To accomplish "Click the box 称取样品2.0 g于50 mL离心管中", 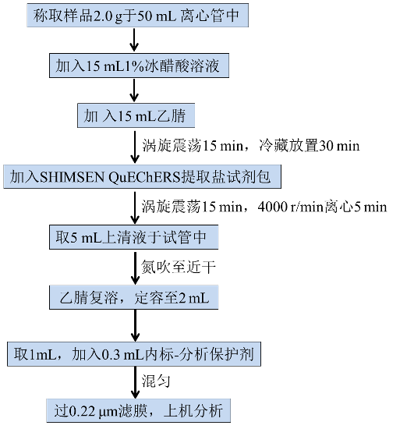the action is [137, 16].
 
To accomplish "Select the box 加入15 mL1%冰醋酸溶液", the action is [139, 66].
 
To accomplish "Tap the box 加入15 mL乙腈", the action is [136, 115].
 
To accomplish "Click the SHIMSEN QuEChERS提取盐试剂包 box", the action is [142, 176].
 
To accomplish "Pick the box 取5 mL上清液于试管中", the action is [134, 237].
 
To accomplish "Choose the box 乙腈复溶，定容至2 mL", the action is [134, 297].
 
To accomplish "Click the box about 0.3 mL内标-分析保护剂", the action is [134, 354].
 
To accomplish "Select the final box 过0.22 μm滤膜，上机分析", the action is [138, 410].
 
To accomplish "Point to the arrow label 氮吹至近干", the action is [179, 267].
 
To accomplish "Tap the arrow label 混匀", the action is [156, 381].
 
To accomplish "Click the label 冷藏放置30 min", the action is [310, 145].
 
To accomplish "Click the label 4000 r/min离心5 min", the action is [322, 207].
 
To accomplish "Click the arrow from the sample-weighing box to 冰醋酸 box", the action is [134, 41].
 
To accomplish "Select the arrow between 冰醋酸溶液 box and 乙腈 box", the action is [134, 90].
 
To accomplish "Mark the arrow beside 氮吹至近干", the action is [135, 268].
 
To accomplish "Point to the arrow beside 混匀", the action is [135, 382].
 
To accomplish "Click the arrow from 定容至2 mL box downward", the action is [135, 325].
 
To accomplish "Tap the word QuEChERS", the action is [145, 177].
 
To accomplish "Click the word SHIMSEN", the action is [73, 177].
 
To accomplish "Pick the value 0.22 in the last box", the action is [83, 411].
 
